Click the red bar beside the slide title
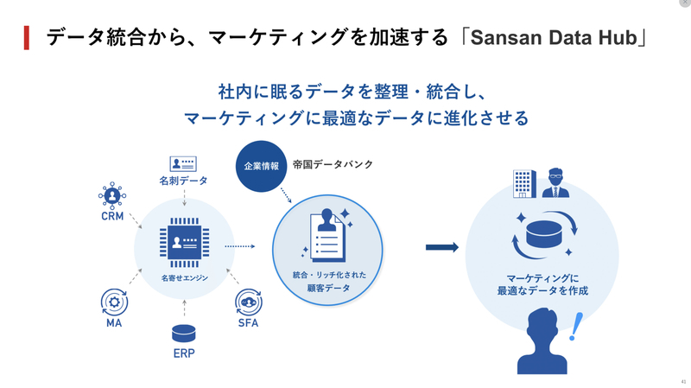(27, 38)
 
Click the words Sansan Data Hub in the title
(554, 38)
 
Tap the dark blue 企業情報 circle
(262, 166)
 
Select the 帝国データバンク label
(333, 164)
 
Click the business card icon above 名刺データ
(183, 164)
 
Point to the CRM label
(112, 216)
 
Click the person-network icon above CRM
(112, 195)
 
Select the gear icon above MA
(114, 302)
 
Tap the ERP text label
(184, 353)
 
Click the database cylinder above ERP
(184, 334)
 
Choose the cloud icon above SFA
(249, 302)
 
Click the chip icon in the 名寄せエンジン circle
(184, 243)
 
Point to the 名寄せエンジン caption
(184, 278)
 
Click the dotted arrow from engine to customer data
(240, 246)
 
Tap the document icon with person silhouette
(328, 236)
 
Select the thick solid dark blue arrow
(442, 247)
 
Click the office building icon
(525, 184)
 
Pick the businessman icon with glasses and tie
(555, 182)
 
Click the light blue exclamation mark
(575, 327)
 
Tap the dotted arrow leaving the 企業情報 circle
(286, 195)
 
